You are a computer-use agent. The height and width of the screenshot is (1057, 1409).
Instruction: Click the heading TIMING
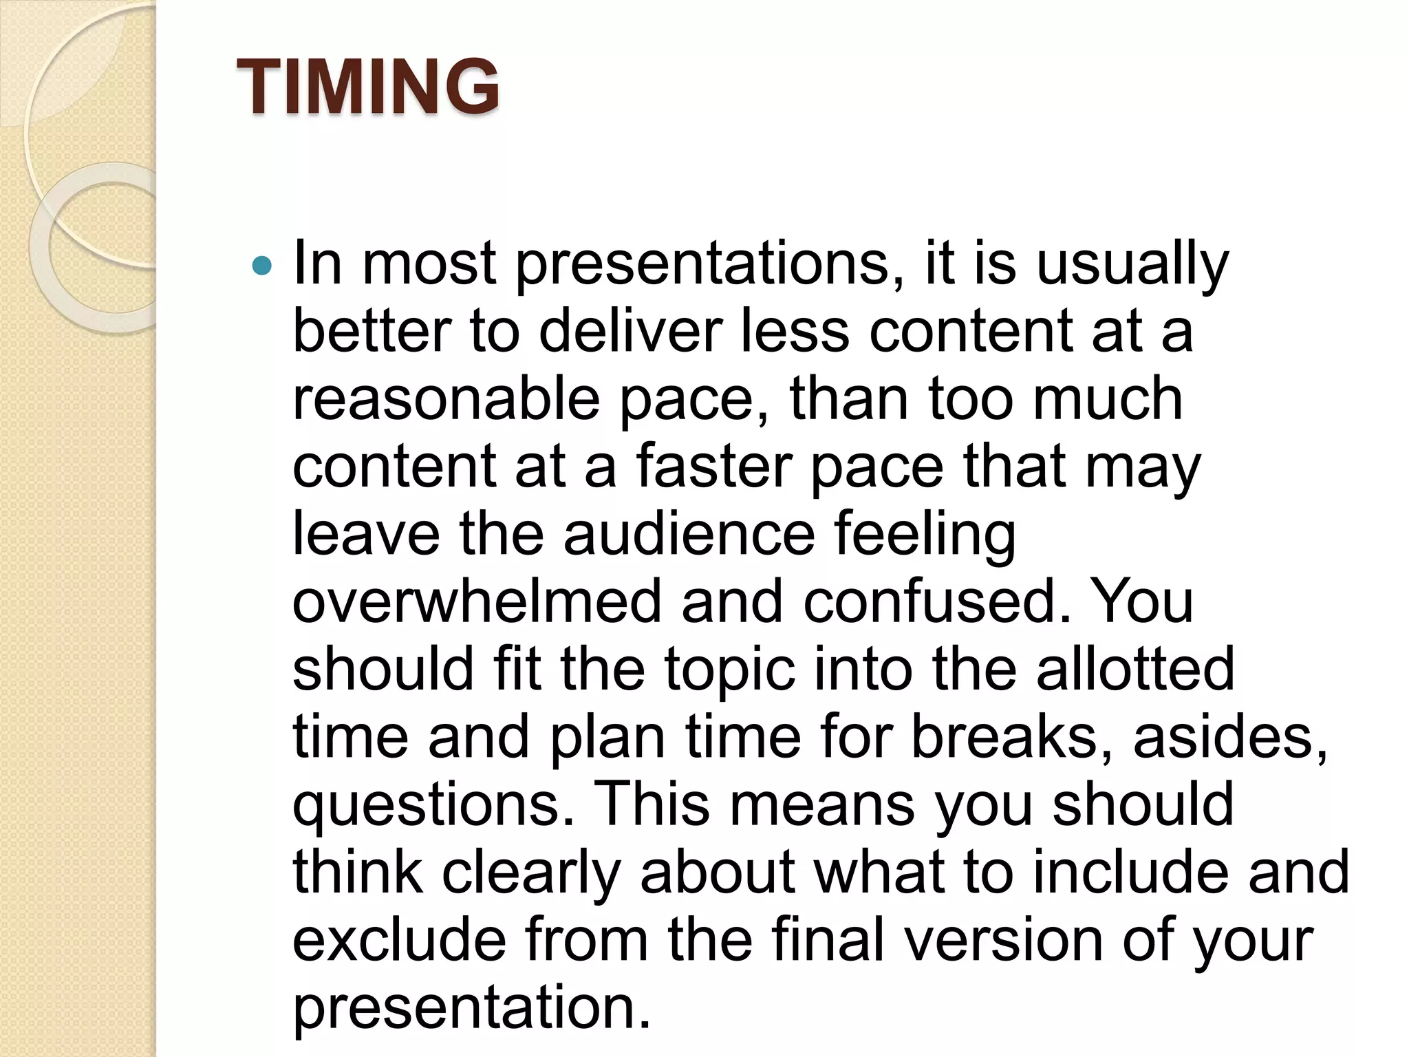[x=367, y=86]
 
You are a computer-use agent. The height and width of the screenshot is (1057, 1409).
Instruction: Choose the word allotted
[x=1134, y=668]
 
